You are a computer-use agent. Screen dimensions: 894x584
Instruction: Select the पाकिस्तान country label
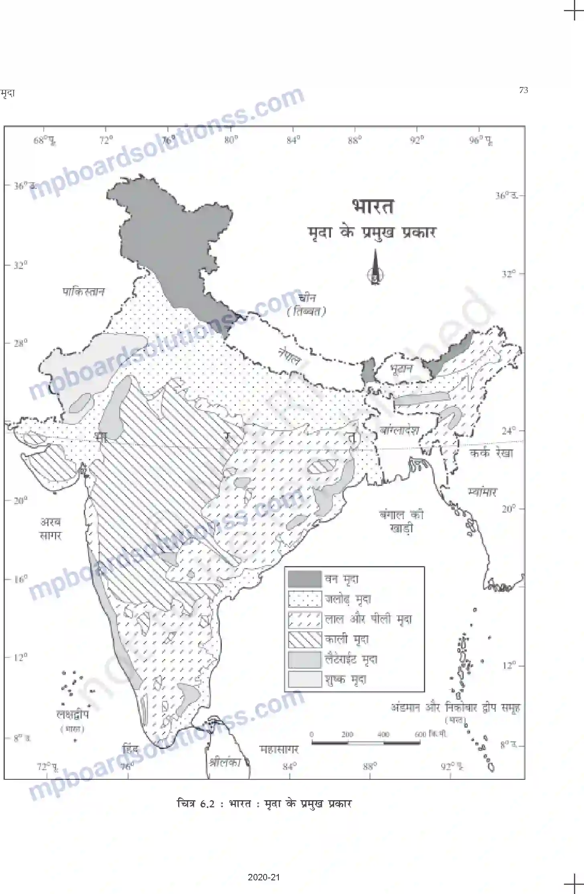coord(83,291)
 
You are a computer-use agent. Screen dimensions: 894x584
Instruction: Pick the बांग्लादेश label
coord(399,430)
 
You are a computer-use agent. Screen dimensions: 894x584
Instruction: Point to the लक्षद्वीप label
coord(73,714)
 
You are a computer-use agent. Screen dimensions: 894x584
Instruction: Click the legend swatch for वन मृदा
coord(305,579)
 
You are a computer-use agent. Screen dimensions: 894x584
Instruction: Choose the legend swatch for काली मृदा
coord(305,639)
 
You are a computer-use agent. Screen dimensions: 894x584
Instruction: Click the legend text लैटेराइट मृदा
coord(351,659)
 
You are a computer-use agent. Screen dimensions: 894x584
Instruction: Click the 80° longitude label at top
coord(231,140)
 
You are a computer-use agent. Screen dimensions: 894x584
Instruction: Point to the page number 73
coord(523,90)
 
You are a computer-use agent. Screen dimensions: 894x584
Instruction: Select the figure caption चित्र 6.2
coord(264,803)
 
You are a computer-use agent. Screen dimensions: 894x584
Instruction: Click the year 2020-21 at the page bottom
coord(264,877)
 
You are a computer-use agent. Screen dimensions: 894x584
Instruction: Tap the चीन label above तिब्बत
coord(307,298)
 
